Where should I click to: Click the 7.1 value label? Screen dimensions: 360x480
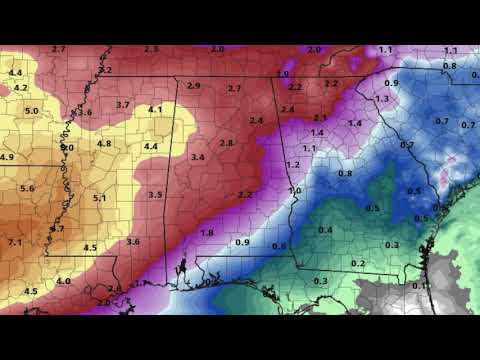coord(14,242)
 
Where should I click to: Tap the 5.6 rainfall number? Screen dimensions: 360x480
coord(26,188)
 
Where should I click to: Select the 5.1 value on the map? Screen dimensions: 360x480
coord(100,199)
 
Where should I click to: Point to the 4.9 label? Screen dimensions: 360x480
coord(7,158)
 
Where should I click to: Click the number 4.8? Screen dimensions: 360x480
coord(104,144)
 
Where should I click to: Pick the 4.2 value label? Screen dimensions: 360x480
coord(21,88)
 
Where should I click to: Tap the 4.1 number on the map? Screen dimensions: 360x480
coord(155,109)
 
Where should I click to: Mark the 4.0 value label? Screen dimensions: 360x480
coord(64,282)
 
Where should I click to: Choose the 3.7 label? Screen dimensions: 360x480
coord(123,105)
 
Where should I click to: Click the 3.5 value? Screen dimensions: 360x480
coord(155,194)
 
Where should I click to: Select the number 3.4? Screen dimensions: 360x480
coord(197,157)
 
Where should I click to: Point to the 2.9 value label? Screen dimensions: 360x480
coord(193,86)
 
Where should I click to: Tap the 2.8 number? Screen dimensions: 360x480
coord(226,143)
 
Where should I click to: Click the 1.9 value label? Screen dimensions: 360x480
coord(283,75)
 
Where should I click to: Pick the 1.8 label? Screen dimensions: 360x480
coord(207,233)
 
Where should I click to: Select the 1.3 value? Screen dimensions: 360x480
coord(381,99)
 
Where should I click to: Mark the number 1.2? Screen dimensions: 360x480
coord(293,164)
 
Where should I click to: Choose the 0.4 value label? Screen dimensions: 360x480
coord(325,231)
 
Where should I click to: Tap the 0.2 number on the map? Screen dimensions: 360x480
coord(358,262)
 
